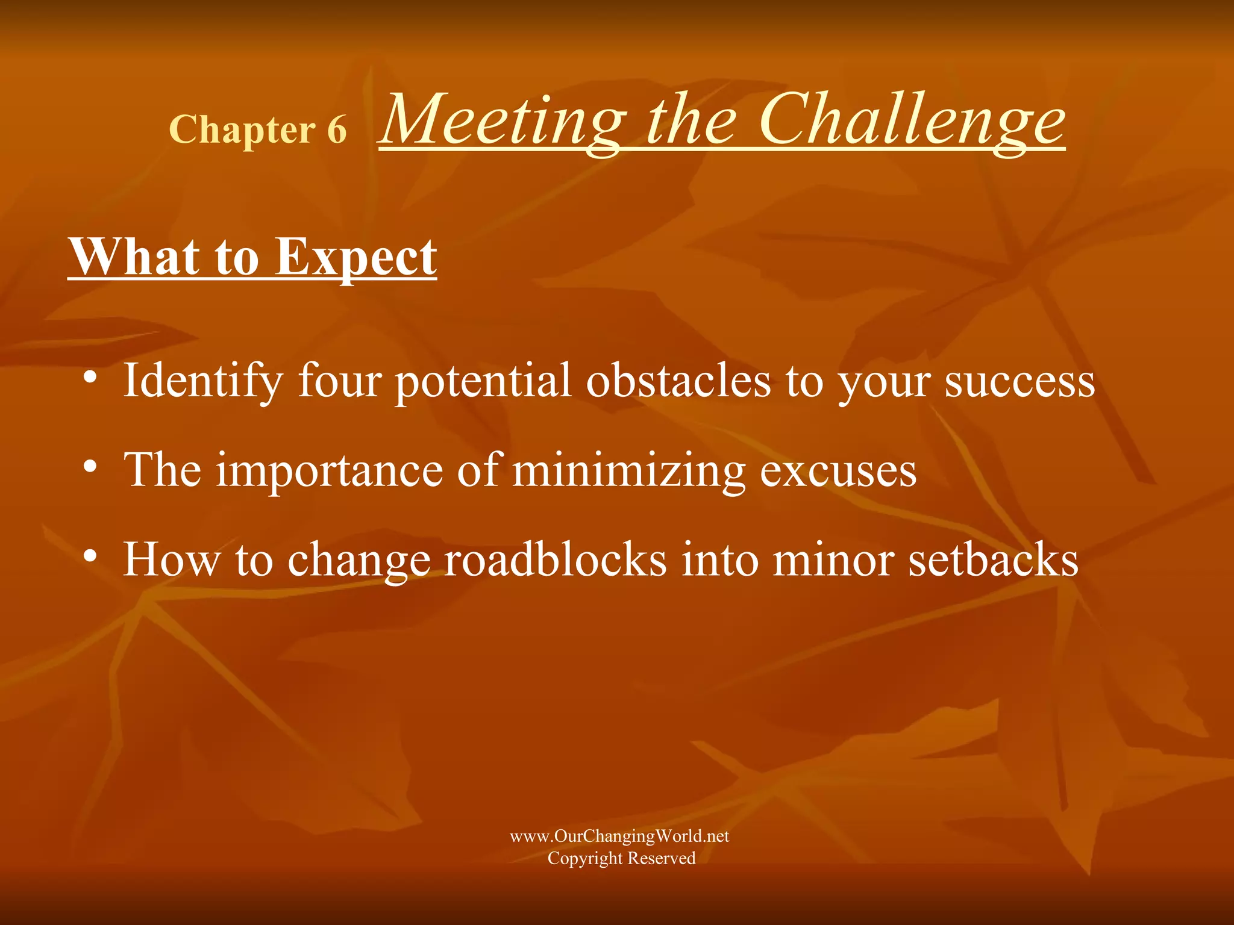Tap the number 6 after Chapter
[337, 129]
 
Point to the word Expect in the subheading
[355, 257]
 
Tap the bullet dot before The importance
[90, 467]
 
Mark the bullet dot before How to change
[90, 556]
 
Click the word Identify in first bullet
[202, 381]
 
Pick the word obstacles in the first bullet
[678, 381]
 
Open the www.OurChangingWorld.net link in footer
[619, 836]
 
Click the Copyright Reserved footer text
[621, 858]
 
